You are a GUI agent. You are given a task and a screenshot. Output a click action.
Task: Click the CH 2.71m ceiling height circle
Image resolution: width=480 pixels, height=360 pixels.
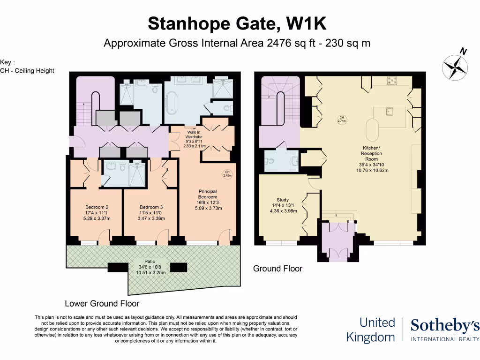(x=342, y=119)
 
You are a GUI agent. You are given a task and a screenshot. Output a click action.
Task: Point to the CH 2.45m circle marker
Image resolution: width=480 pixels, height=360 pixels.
(x=226, y=174)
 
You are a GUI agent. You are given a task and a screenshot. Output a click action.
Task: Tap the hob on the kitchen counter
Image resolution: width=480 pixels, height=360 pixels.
(x=391, y=81)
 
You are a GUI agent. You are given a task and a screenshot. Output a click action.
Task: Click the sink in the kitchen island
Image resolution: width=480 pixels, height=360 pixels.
(x=388, y=112)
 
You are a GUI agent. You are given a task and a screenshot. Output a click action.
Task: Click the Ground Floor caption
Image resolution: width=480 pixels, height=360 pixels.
(x=277, y=269)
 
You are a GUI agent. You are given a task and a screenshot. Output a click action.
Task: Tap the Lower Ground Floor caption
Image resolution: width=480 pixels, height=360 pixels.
(x=102, y=303)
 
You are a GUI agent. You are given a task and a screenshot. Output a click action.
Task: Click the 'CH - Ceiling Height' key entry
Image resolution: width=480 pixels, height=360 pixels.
(x=27, y=71)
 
